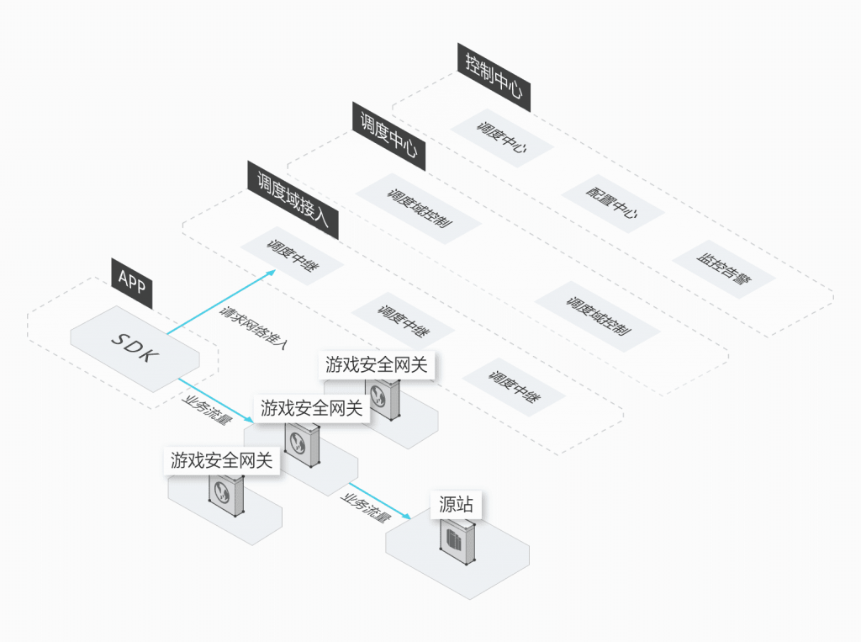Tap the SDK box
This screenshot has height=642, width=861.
coord(135,347)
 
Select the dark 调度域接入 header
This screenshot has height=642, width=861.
coord(293,199)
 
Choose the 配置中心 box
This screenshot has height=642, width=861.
coord(612,204)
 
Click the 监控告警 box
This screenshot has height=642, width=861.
coord(724,269)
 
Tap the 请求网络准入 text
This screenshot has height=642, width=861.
coord(254,328)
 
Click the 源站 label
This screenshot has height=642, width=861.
coord(457,505)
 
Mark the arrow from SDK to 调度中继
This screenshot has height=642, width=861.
coord(222,302)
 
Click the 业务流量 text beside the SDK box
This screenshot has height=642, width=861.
coord(206,407)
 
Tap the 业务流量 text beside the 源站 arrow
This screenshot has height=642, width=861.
coord(365,507)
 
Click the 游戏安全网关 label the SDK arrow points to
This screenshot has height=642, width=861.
coord(312,409)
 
